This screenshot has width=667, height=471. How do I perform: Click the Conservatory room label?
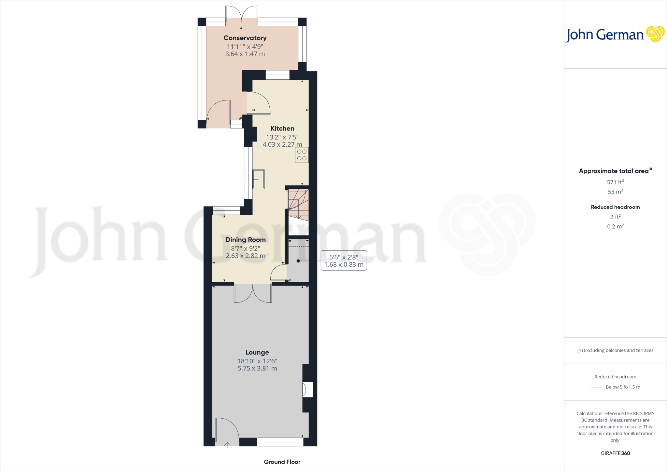(x=245, y=38)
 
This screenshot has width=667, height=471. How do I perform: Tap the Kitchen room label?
(x=282, y=128)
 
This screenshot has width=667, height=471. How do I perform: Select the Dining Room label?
(x=246, y=240)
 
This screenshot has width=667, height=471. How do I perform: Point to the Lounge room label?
(x=257, y=352)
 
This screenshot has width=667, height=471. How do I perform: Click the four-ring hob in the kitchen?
(x=302, y=155)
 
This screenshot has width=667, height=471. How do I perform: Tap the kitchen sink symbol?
(x=259, y=179)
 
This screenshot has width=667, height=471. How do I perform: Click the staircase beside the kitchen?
(x=298, y=204)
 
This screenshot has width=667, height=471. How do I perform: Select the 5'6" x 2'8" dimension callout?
(x=344, y=261)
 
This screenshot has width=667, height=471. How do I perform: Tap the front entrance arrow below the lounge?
(x=227, y=445)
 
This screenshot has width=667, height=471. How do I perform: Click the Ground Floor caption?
(x=282, y=462)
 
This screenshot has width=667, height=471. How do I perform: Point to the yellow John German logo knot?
(x=655, y=34)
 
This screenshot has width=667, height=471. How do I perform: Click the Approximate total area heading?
(x=614, y=171)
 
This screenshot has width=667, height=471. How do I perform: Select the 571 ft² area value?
(x=615, y=182)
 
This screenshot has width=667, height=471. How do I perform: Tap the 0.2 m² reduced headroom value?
(x=615, y=226)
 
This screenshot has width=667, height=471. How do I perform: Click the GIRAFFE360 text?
(x=615, y=453)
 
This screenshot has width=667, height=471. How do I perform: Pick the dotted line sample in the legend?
(x=596, y=387)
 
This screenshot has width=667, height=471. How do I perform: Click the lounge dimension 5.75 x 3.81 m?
(x=257, y=369)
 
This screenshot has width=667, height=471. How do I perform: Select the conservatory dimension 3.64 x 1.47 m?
(x=245, y=54)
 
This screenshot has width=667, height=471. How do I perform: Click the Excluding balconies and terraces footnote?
(x=615, y=350)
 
